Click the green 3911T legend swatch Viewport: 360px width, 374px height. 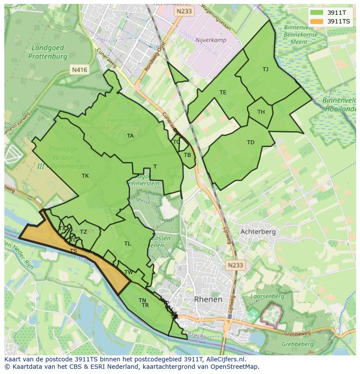[317, 13]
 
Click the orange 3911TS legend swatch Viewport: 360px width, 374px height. [317, 21]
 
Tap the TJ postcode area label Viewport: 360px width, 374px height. [265, 69]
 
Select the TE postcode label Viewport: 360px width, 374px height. [223, 93]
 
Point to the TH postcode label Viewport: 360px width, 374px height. [261, 112]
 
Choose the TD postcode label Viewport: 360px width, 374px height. [250, 142]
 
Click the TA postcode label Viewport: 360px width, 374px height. [130, 136]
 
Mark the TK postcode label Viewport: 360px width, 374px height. [85, 176]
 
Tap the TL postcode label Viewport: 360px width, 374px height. [127, 244]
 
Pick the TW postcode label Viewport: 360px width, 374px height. [129, 272]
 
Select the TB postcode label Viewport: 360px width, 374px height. [187, 155]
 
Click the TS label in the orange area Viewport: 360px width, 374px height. [73, 251]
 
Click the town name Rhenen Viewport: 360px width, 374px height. [208, 299]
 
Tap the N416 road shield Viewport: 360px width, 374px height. [79, 70]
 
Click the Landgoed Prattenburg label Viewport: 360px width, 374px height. [48, 52]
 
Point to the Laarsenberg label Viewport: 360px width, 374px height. [267, 297]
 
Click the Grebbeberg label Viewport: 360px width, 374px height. [297, 344]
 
